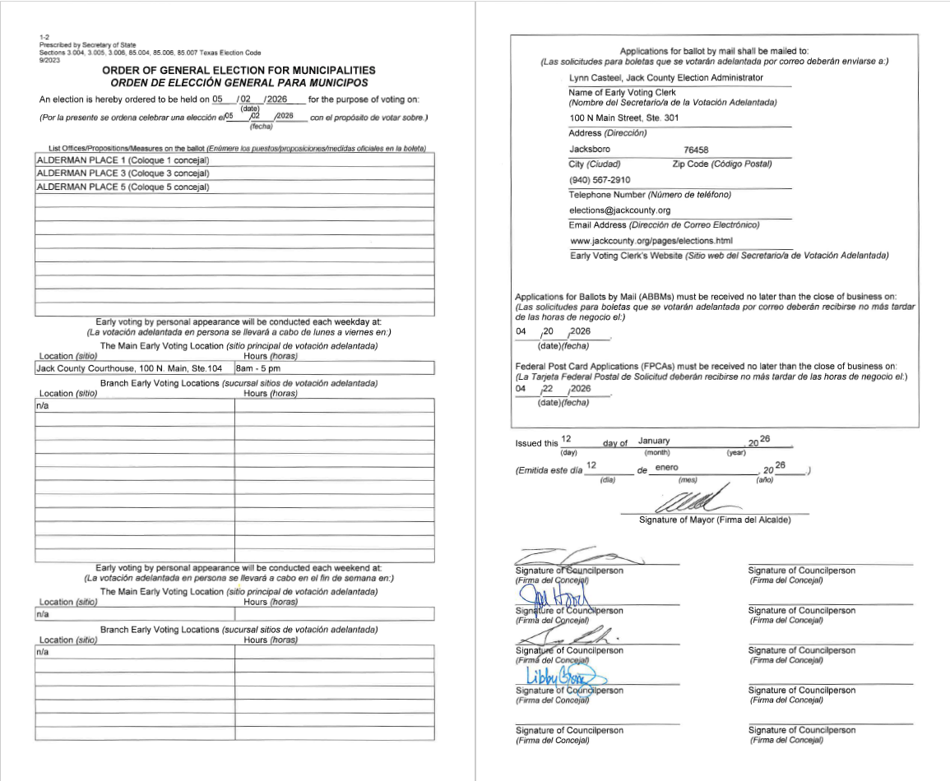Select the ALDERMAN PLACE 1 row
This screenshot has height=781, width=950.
click(x=123, y=159)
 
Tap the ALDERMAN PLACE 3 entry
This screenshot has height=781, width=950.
click(x=123, y=173)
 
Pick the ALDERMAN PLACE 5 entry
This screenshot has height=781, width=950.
click(x=123, y=187)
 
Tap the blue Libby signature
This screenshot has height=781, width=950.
click(x=564, y=677)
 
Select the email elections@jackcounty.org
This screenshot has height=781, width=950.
click(x=619, y=210)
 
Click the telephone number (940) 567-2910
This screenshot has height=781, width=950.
click(x=600, y=180)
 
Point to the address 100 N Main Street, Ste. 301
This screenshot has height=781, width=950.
click(x=624, y=118)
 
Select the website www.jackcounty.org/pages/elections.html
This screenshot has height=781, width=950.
click(x=651, y=241)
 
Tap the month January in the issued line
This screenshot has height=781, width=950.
click(x=654, y=441)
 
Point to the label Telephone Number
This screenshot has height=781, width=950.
click(x=607, y=195)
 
